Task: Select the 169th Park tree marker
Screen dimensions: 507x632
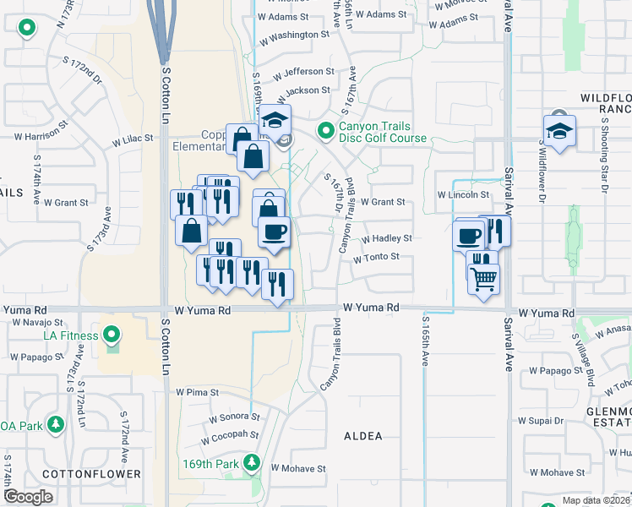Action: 251,463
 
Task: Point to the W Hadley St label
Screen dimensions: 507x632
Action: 386,239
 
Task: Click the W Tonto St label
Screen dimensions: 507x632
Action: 376,258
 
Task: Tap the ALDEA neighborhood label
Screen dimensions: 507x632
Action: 363,436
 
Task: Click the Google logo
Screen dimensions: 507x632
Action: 28,497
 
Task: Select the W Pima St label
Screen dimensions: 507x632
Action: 198,393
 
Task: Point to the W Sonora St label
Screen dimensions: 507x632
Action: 230,417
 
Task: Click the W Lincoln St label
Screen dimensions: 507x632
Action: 464,195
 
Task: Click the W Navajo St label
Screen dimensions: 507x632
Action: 26,322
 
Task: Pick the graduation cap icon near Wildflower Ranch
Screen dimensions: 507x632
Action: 558,130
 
